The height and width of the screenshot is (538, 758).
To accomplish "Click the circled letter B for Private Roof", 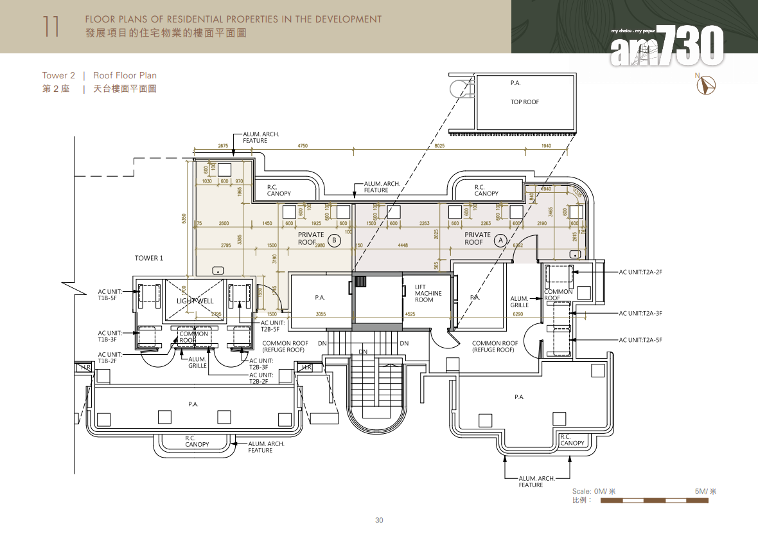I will [334, 240].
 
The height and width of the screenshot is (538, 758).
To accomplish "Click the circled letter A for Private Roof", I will [500, 240].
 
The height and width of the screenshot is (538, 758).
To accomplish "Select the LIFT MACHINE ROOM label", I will [428, 294].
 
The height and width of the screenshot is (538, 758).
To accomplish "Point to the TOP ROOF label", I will [524, 102].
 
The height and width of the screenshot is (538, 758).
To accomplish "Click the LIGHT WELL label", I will [195, 301].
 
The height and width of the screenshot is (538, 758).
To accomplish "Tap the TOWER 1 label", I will [149, 258].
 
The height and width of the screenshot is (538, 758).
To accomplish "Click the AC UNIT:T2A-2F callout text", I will [640, 273].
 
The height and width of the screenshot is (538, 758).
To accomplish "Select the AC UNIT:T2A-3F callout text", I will [640, 314].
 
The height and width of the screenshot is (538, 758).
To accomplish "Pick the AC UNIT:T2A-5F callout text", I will [640, 340].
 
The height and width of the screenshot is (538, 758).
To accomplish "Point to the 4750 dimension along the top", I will [303, 146].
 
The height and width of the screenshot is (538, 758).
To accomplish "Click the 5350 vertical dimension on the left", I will [184, 219].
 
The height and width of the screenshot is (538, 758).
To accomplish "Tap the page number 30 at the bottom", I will [379, 520].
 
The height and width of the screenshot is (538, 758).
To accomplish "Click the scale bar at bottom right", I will [656, 500].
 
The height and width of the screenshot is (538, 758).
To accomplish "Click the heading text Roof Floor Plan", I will [125, 76].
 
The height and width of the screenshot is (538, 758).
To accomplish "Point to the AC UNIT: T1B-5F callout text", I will [110, 295].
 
